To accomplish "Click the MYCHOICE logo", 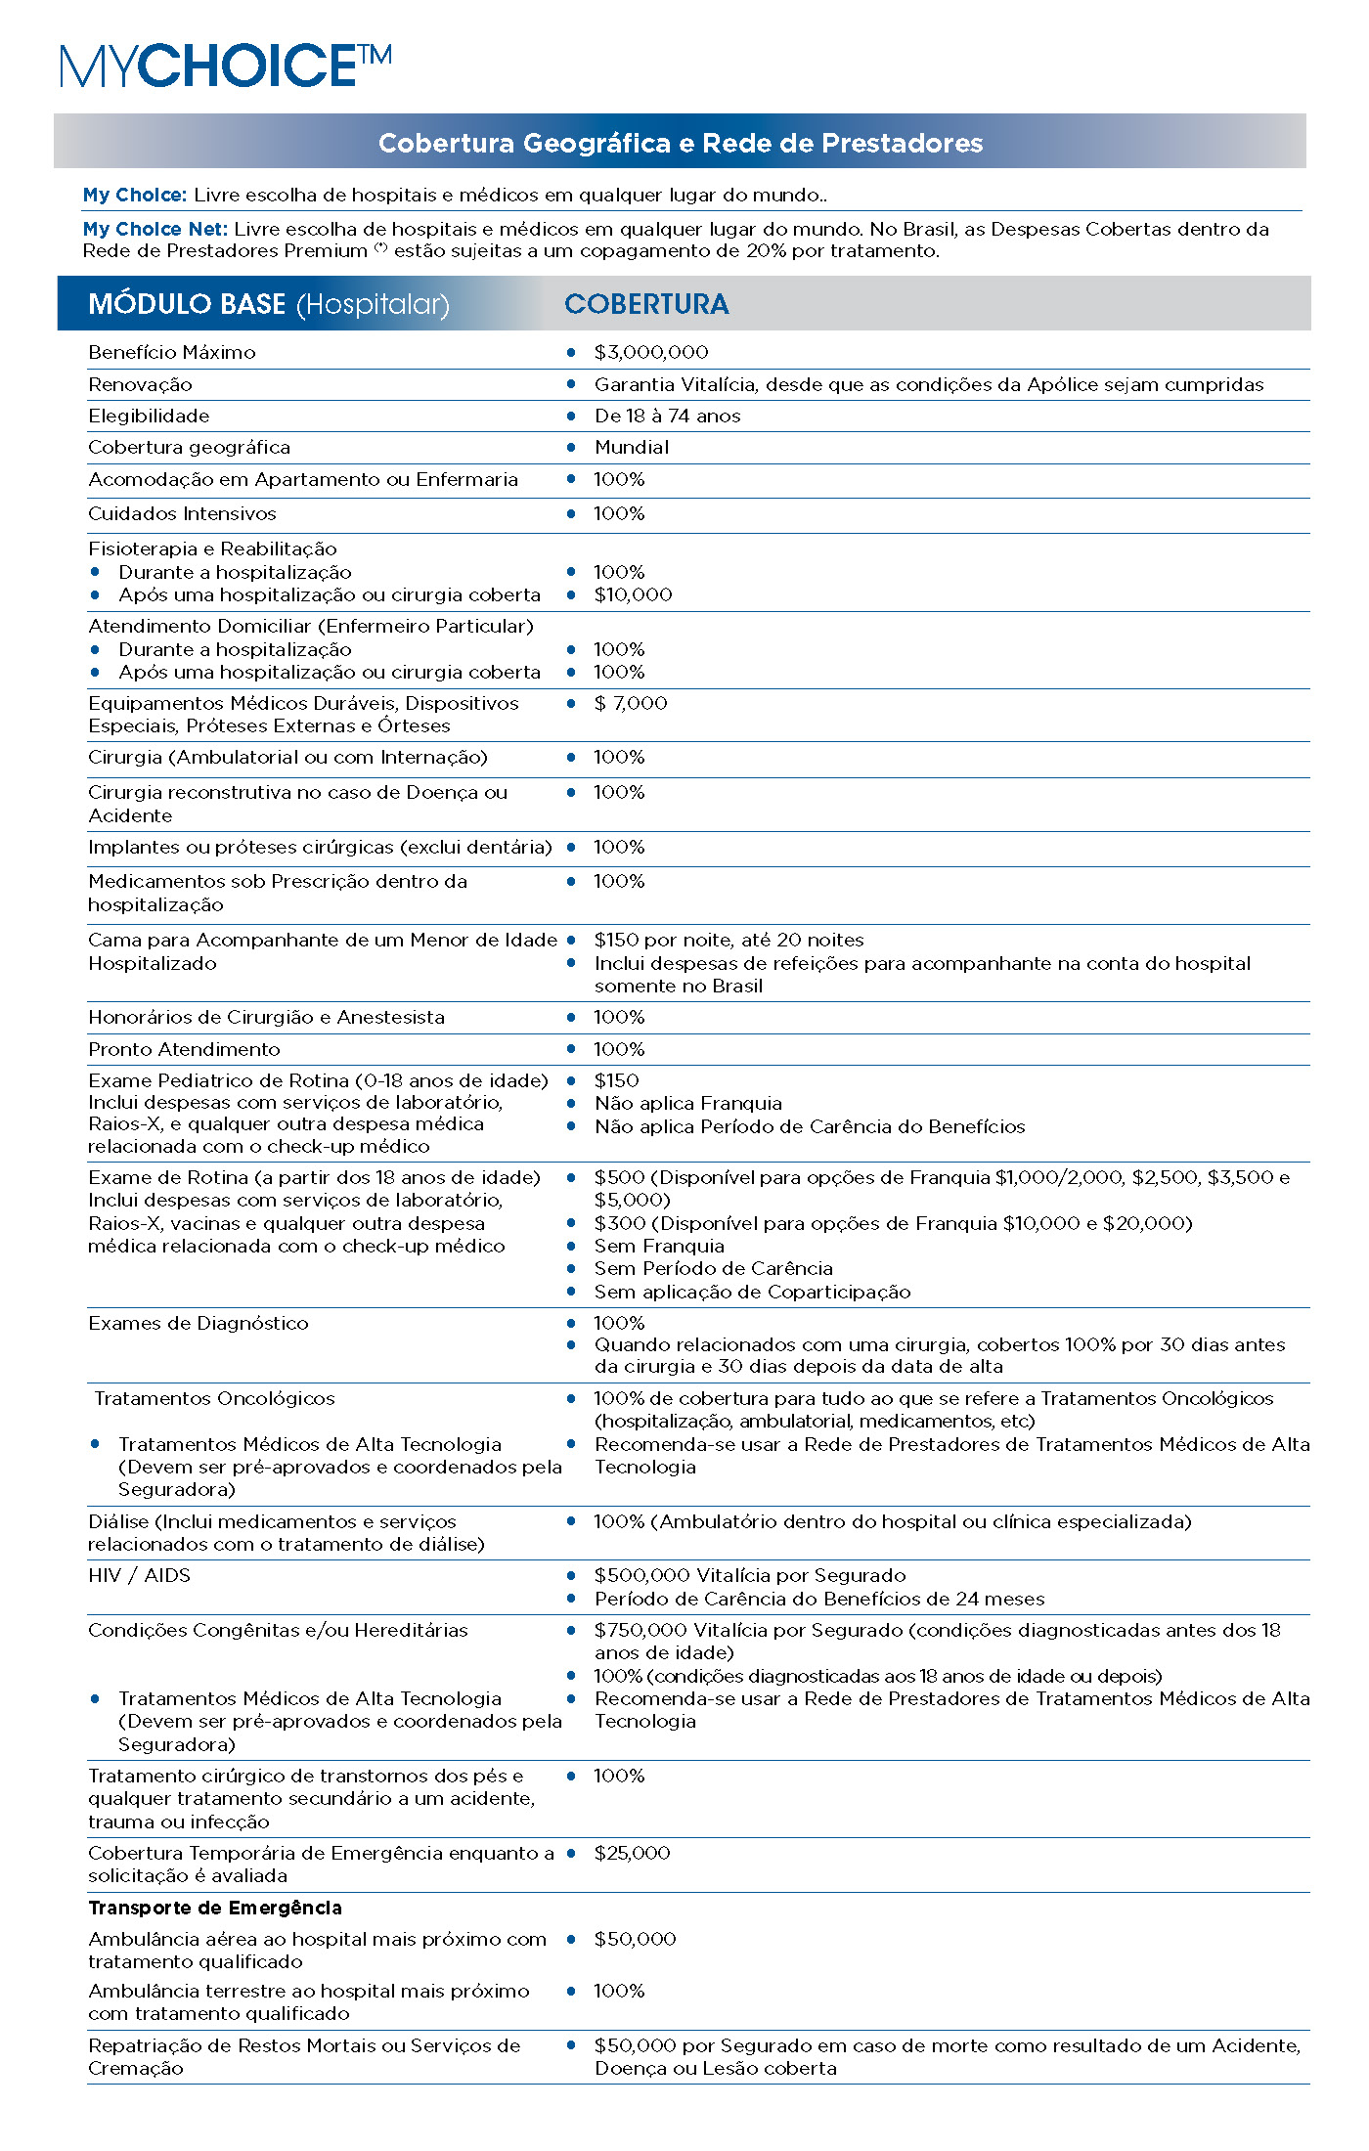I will (x=226, y=66).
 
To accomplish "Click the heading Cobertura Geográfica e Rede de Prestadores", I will (x=681, y=143).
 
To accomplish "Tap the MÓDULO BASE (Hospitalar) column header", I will (x=269, y=304).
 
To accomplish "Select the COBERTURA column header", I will (x=646, y=304).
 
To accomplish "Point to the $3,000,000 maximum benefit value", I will (x=651, y=352).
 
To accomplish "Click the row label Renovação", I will (x=140, y=384).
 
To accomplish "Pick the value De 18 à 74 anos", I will (x=667, y=416).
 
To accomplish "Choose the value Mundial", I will (x=632, y=447).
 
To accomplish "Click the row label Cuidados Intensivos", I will (x=182, y=513).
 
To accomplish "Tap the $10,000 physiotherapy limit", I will (x=633, y=594).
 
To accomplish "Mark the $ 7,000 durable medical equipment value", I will (x=631, y=703).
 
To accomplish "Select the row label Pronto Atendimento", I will (x=184, y=1049).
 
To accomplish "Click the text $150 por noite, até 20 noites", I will (x=729, y=940).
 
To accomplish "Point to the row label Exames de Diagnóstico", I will (x=199, y=1323).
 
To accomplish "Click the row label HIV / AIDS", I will (x=139, y=1575).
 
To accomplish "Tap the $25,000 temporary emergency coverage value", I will (x=632, y=1853).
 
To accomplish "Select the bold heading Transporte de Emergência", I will (x=215, y=1908).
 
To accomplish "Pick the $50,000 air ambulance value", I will (x=635, y=1939).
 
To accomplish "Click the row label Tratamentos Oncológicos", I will (x=214, y=1398).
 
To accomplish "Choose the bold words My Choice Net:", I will (x=155, y=229).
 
